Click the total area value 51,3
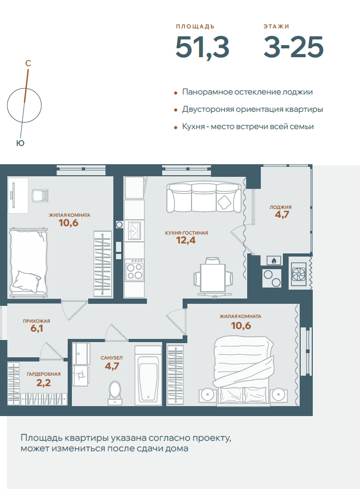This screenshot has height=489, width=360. click(x=202, y=47)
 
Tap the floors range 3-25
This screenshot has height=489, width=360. click(x=293, y=47)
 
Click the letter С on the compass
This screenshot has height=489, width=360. click(x=28, y=63)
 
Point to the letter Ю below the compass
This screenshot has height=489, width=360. click(x=20, y=143)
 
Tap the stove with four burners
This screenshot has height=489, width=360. click(x=134, y=270)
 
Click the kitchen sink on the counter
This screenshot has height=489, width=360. click(x=134, y=230)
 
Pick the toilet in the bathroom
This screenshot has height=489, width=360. click(x=115, y=392)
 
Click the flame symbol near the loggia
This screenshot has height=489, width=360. click(x=273, y=260)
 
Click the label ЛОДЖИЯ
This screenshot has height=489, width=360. click(x=280, y=207)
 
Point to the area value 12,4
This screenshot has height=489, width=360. click(x=186, y=240)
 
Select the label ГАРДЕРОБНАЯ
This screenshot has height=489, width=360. click(x=44, y=374)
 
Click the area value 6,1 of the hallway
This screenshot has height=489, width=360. click(x=37, y=328)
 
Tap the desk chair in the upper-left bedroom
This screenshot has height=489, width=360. click(x=40, y=196)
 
